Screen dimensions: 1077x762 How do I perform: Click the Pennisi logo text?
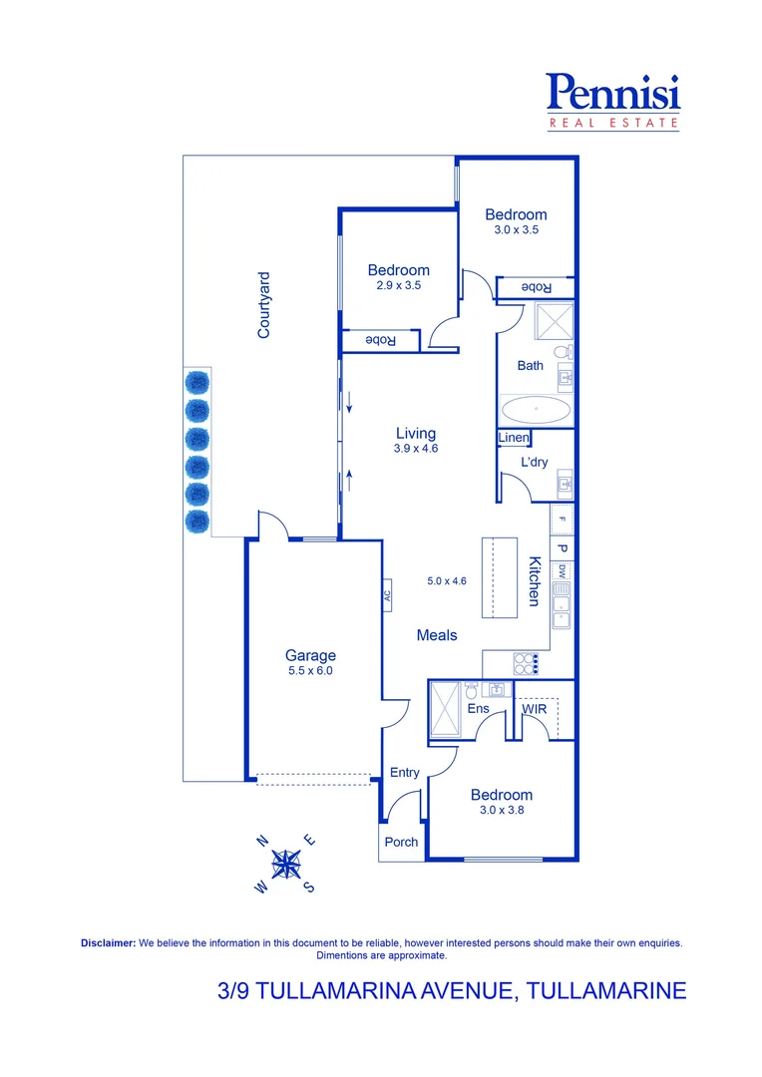pyautogui.click(x=613, y=93)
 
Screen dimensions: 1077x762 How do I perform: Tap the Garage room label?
pyautogui.click(x=310, y=655)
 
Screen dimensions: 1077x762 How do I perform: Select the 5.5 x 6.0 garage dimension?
pyautogui.click(x=310, y=671)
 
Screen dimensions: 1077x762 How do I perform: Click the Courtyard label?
pyautogui.click(x=264, y=305)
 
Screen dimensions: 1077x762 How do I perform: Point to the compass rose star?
pyautogui.click(x=287, y=864)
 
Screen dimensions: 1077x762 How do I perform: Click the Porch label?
pyautogui.click(x=402, y=842)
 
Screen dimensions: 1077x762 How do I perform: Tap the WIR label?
pyautogui.click(x=536, y=709)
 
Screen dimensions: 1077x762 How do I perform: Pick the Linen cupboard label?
pyautogui.click(x=514, y=439)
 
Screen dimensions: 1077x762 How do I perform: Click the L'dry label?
pyautogui.click(x=535, y=463)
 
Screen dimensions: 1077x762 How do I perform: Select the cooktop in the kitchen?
pyautogui.click(x=526, y=663)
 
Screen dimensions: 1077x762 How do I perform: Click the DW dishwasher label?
pyautogui.click(x=562, y=571)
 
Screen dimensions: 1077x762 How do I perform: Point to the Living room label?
pyautogui.click(x=416, y=433)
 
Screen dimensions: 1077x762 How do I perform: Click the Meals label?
pyautogui.click(x=437, y=635)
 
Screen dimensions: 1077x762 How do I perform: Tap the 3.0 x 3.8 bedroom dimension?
pyautogui.click(x=502, y=811)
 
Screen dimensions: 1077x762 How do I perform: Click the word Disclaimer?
pyautogui.click(x=108, y=942)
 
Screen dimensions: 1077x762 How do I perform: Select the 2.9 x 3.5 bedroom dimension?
pyautogui.click(x=398, y=285)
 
